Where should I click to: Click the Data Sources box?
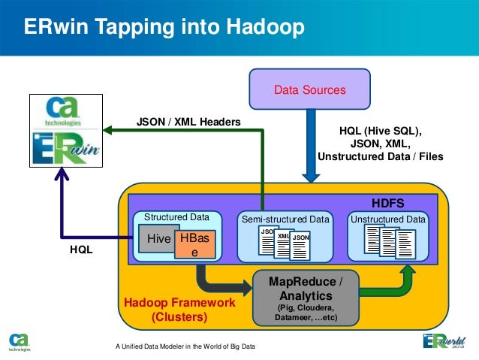(x=309, y=90)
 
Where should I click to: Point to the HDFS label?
(x=388, y=203)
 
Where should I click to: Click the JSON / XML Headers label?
(x=188, y=121)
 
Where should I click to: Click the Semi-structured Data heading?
(x=285, y=219)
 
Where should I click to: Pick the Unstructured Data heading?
(x=388, y=219)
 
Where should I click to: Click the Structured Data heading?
(x=176, y=217)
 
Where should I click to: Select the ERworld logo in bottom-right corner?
(x=444, y=342)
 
